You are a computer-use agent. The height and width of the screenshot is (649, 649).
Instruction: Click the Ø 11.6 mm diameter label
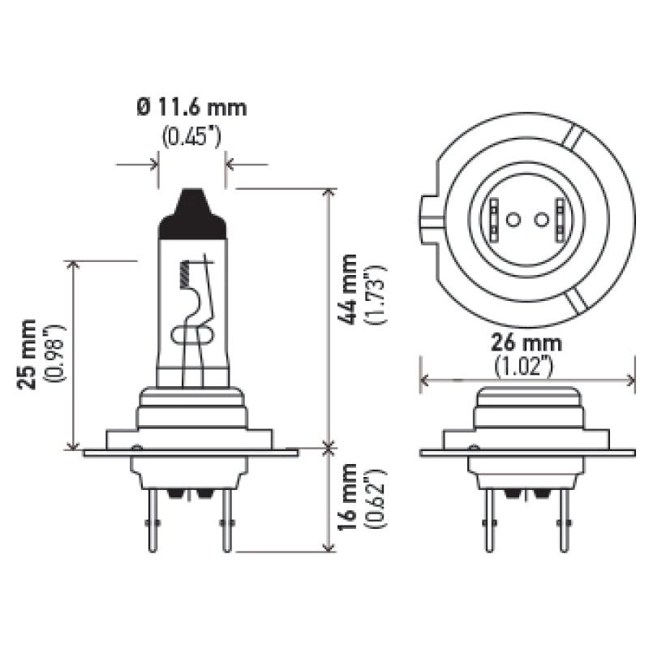coord(191,106)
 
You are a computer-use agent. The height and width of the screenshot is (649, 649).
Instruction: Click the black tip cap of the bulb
coord(191,213)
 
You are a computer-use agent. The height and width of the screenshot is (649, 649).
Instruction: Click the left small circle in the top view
coord(512,220)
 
